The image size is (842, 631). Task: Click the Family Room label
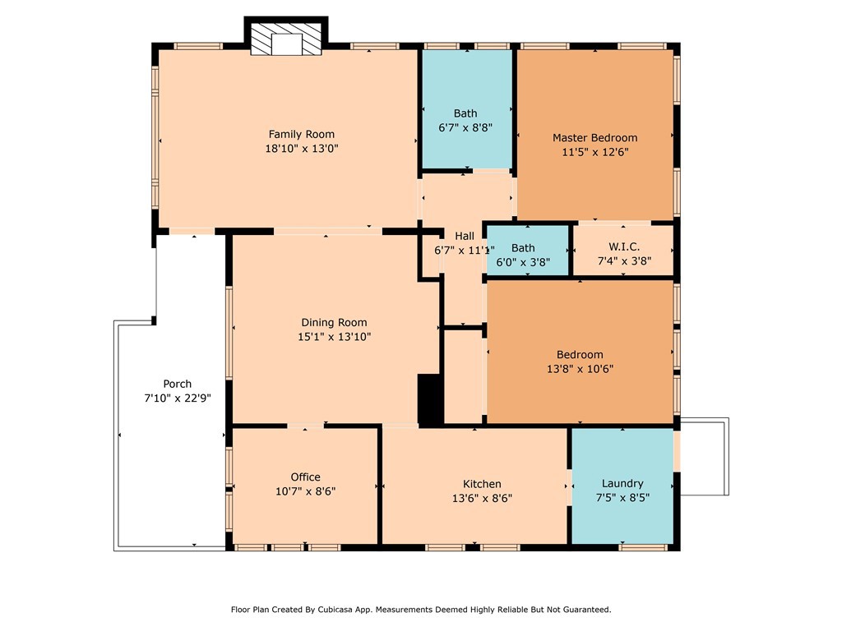click(x=302, y=134)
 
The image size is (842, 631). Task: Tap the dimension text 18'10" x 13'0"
click(x=302, y=149)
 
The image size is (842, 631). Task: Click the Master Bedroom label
click(x=594, y=137)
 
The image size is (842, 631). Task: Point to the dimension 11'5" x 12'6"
click(x=594, y=152)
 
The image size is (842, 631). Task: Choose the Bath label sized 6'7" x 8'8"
click(x=465, y=113)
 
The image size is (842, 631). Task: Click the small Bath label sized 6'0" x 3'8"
click(x=522, y=248)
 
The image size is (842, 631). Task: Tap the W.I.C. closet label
click(x=623, y=246)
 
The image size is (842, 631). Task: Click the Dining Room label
click(x=334, y=322)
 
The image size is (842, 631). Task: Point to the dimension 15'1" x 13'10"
click(x=334, y=336)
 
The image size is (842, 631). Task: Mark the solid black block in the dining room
click(x=429, y=399)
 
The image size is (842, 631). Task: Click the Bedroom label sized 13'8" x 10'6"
click(x=580, y=354)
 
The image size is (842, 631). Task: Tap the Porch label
click(x=177, y=384)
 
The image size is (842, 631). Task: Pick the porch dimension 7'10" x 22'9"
click(x=177, y=398)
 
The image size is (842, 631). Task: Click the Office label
click(x=305, y=477)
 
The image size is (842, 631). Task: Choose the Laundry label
click(x=622, y=483)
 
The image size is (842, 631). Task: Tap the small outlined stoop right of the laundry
click(x=705, y=457)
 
